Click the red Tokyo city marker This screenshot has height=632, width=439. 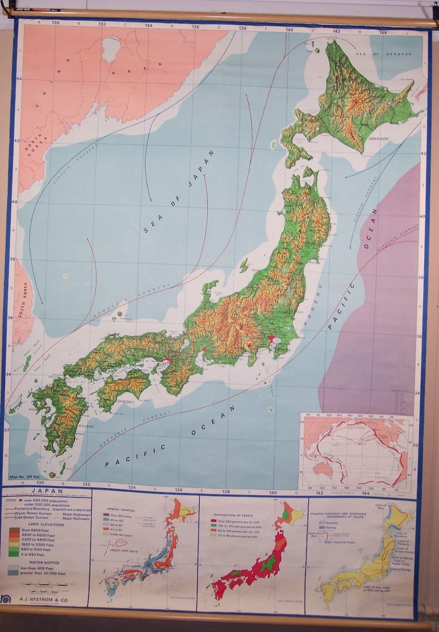click(271, 340)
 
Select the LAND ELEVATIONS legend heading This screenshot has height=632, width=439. click(44, 524)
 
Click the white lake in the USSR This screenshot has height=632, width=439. click(111, 49)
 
